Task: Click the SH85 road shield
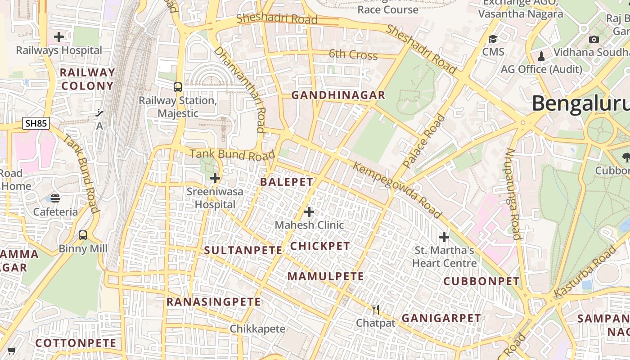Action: pyautogui.click(x=36, y=123)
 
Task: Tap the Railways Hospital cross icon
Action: pyautogui.click(x=59, y=37)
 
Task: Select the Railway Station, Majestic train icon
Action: pyautogui.click(x=178, y=87)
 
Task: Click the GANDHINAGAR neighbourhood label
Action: pyautogui.click(x=338, y=95)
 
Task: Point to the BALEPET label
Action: pyautogui.click(x=287, y=182)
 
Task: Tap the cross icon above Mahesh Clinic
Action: pyautogui.click(x=309, y=211)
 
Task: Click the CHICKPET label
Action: pyautogui.click(x=320, y=246)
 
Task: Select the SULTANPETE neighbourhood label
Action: pyautogui.click(x=243, y=251)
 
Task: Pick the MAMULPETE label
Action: pyautogui.click(x=326, y=276)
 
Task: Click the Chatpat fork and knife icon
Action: pyautogui.click(x=376, y=310)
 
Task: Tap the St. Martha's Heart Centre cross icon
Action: pyautogui.click(x=444, y=237)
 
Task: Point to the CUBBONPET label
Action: pyautogui.click(x=481, y=281)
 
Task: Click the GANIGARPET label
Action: pyautogui.click(x=441, y=318)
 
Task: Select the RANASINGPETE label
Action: pyautogui.click(x=213, y=302)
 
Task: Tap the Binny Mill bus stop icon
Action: pyautogui.click(x=83, y=235)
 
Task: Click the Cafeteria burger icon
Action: pyautogui.click(x=55, y=198)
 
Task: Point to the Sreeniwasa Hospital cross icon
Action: pyautogui.click(x=215, y=178)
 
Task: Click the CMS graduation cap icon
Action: pyautogui.click(x=493, y=39)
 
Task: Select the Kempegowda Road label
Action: pyautogui.click(x=397, y=190)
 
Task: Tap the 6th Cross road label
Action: pyautogui.click(x=353, y=55)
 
